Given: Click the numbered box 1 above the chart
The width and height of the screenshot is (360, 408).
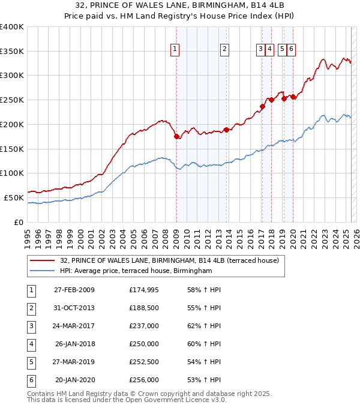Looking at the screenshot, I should point(175,50).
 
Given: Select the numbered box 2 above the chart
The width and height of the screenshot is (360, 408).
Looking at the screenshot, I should point(224,50).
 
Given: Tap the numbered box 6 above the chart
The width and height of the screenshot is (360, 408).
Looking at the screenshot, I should point(291,50).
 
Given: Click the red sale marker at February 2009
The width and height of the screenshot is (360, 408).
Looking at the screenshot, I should point(176,137).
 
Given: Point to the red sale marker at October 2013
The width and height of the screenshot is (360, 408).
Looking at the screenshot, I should point(226,130).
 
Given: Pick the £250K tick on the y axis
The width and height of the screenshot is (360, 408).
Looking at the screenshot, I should point(12,100).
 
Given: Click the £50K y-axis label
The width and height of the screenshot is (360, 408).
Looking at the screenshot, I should point(14,197).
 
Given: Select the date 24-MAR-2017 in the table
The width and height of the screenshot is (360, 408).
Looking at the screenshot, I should point(74,326).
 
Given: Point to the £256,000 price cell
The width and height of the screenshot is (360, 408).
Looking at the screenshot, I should point(144,380).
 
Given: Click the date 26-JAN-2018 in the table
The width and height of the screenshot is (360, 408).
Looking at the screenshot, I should point(74,344).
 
